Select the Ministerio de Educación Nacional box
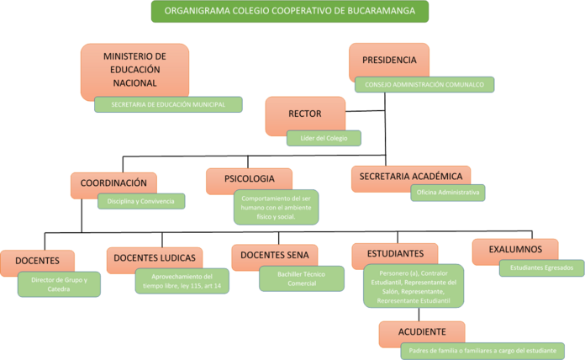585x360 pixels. tap(134, 70)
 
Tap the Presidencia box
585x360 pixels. tap(388, 61)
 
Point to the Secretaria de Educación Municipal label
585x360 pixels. tap(168, 104)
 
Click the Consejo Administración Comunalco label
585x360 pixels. tap(424, 84)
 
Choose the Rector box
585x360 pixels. tap(304, 113)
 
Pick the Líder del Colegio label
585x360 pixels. tap(324, 137)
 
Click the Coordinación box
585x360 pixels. tap(113, 183)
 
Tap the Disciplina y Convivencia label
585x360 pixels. tap(141, 201)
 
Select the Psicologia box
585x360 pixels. tap(249, 179)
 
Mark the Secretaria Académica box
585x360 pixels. tap(410, 177)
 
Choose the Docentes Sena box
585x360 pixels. tap(274, 255)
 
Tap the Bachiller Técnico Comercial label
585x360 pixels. tap(300, 279)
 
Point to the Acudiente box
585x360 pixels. tap(422, 331)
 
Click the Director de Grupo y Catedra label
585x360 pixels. tap(59, 283)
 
